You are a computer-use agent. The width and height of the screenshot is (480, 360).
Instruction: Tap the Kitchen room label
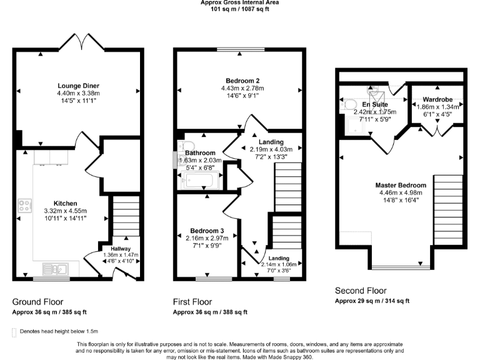tap(66, 204)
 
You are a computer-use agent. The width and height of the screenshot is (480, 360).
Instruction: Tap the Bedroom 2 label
tap(242, 80)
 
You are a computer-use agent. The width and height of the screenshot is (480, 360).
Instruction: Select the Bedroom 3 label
tap(207, 231)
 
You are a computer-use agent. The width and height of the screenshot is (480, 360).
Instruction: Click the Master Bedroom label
tap(401, 186)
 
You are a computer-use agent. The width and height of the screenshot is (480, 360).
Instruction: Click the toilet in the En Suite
tap(349, 104)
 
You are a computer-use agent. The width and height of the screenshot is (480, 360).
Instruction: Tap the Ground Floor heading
tap(37, 302)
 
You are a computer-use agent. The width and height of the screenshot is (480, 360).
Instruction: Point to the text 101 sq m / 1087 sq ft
tap(239, 9)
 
